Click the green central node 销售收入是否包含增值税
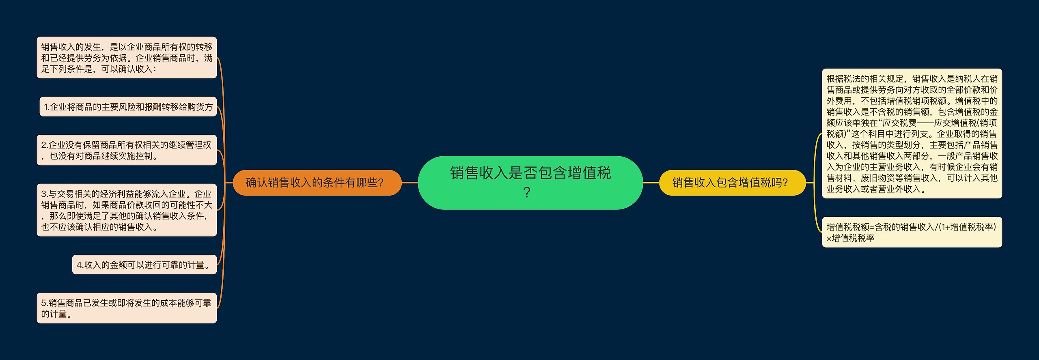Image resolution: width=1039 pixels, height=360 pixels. coord(530,183)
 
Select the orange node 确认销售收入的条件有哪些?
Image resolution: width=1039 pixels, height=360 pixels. coord(317,183)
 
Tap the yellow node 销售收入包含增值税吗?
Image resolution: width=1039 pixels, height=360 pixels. coord(732,183)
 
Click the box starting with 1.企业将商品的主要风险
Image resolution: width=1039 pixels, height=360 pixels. coord(128,107)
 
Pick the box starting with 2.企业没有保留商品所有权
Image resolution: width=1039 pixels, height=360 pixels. coord(127,150)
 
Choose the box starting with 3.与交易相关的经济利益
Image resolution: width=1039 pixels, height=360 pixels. coord(127,210)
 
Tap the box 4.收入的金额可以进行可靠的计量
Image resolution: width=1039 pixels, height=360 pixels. coord(144,265)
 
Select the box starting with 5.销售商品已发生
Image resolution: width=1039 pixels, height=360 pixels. coord(127,308)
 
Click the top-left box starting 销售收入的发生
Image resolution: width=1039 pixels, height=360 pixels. coord(127,58)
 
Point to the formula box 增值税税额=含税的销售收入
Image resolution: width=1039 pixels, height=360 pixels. coord(912,232)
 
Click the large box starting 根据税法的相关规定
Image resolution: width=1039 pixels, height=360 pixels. coord(912,134)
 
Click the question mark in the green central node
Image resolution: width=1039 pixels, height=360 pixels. coord(527,192)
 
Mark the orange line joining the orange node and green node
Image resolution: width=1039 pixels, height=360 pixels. coord(410,183)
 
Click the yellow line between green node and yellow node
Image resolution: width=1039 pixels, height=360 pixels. coord(651,183)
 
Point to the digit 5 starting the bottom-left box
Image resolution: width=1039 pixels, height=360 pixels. coord(43,303)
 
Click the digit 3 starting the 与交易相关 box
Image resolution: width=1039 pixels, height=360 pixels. coord(43,194)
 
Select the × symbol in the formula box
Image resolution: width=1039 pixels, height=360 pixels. coord(829,238)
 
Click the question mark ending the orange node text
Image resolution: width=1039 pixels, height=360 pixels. coord(380,183)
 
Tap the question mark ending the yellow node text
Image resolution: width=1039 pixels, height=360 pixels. coord(785,183)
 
